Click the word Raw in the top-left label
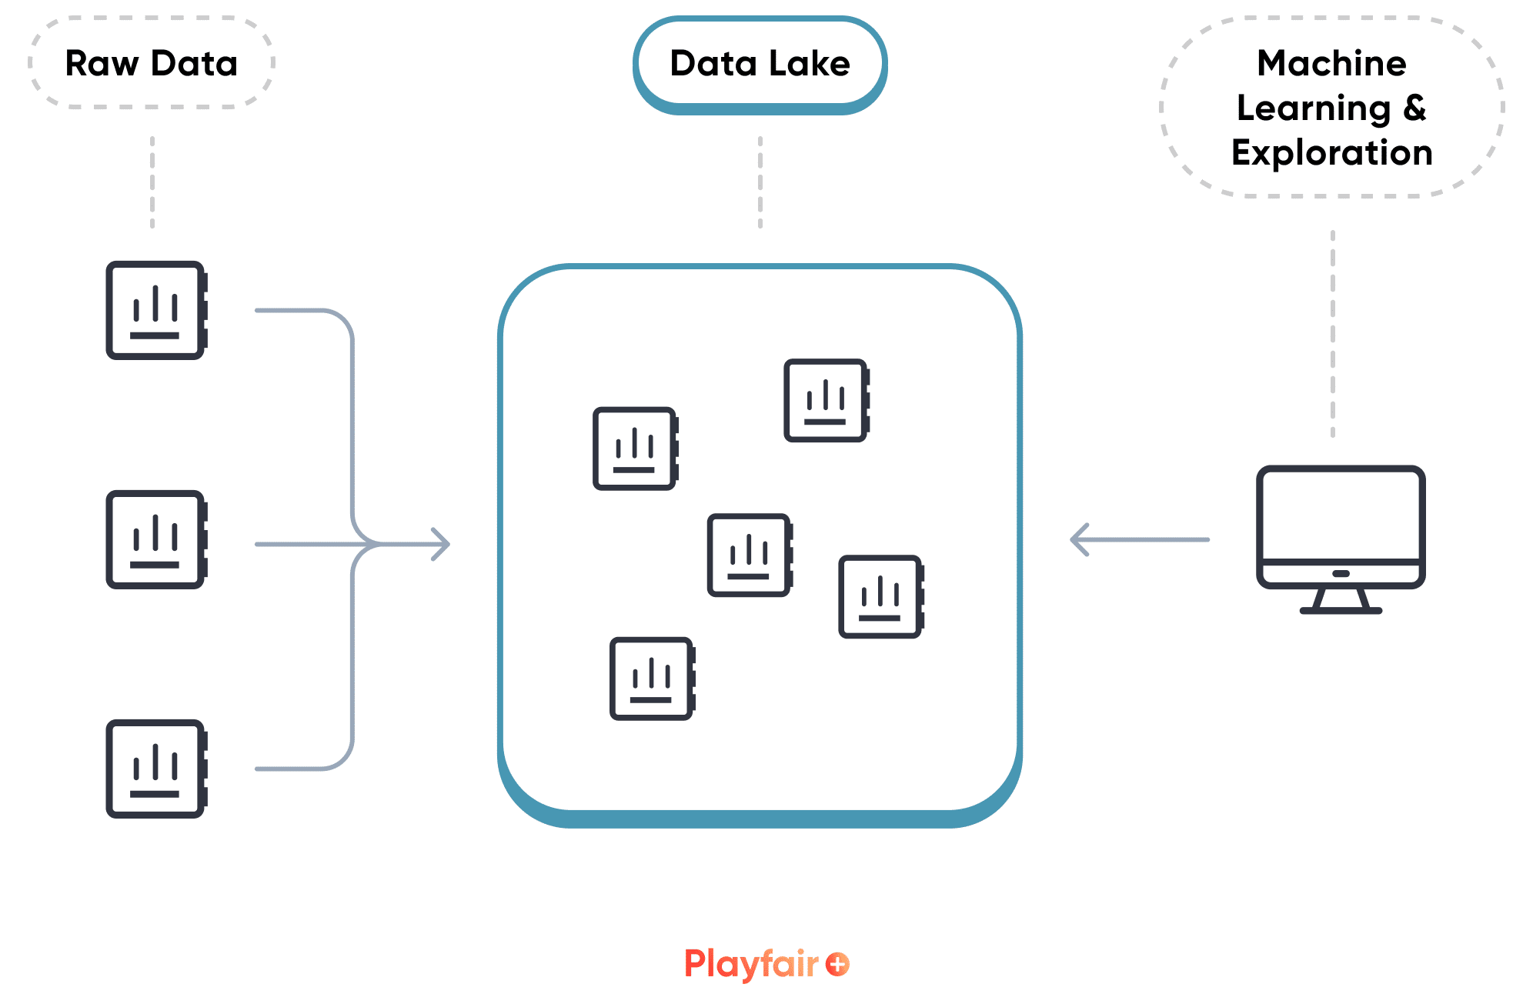click(102, 64)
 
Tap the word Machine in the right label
click(1331, 64)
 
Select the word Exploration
click(1331, 153)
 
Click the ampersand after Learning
click(1414, 108)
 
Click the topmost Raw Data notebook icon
click(156, 310)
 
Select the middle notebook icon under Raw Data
click(156, 539)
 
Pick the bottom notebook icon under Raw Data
click(156, 769)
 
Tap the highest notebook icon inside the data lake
click(826, 400)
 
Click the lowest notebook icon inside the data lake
click(652, 679)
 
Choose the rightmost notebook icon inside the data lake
click(880, 596)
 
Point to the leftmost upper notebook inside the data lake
click(635, 449)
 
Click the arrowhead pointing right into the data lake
click(441, 544)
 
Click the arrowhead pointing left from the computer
click(1080, 539)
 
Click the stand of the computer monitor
click(1341, 601)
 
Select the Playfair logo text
click(751, 964)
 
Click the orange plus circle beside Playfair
click(837, 964)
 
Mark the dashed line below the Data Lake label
click(760, 182)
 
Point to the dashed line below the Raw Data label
click(152, 182)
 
